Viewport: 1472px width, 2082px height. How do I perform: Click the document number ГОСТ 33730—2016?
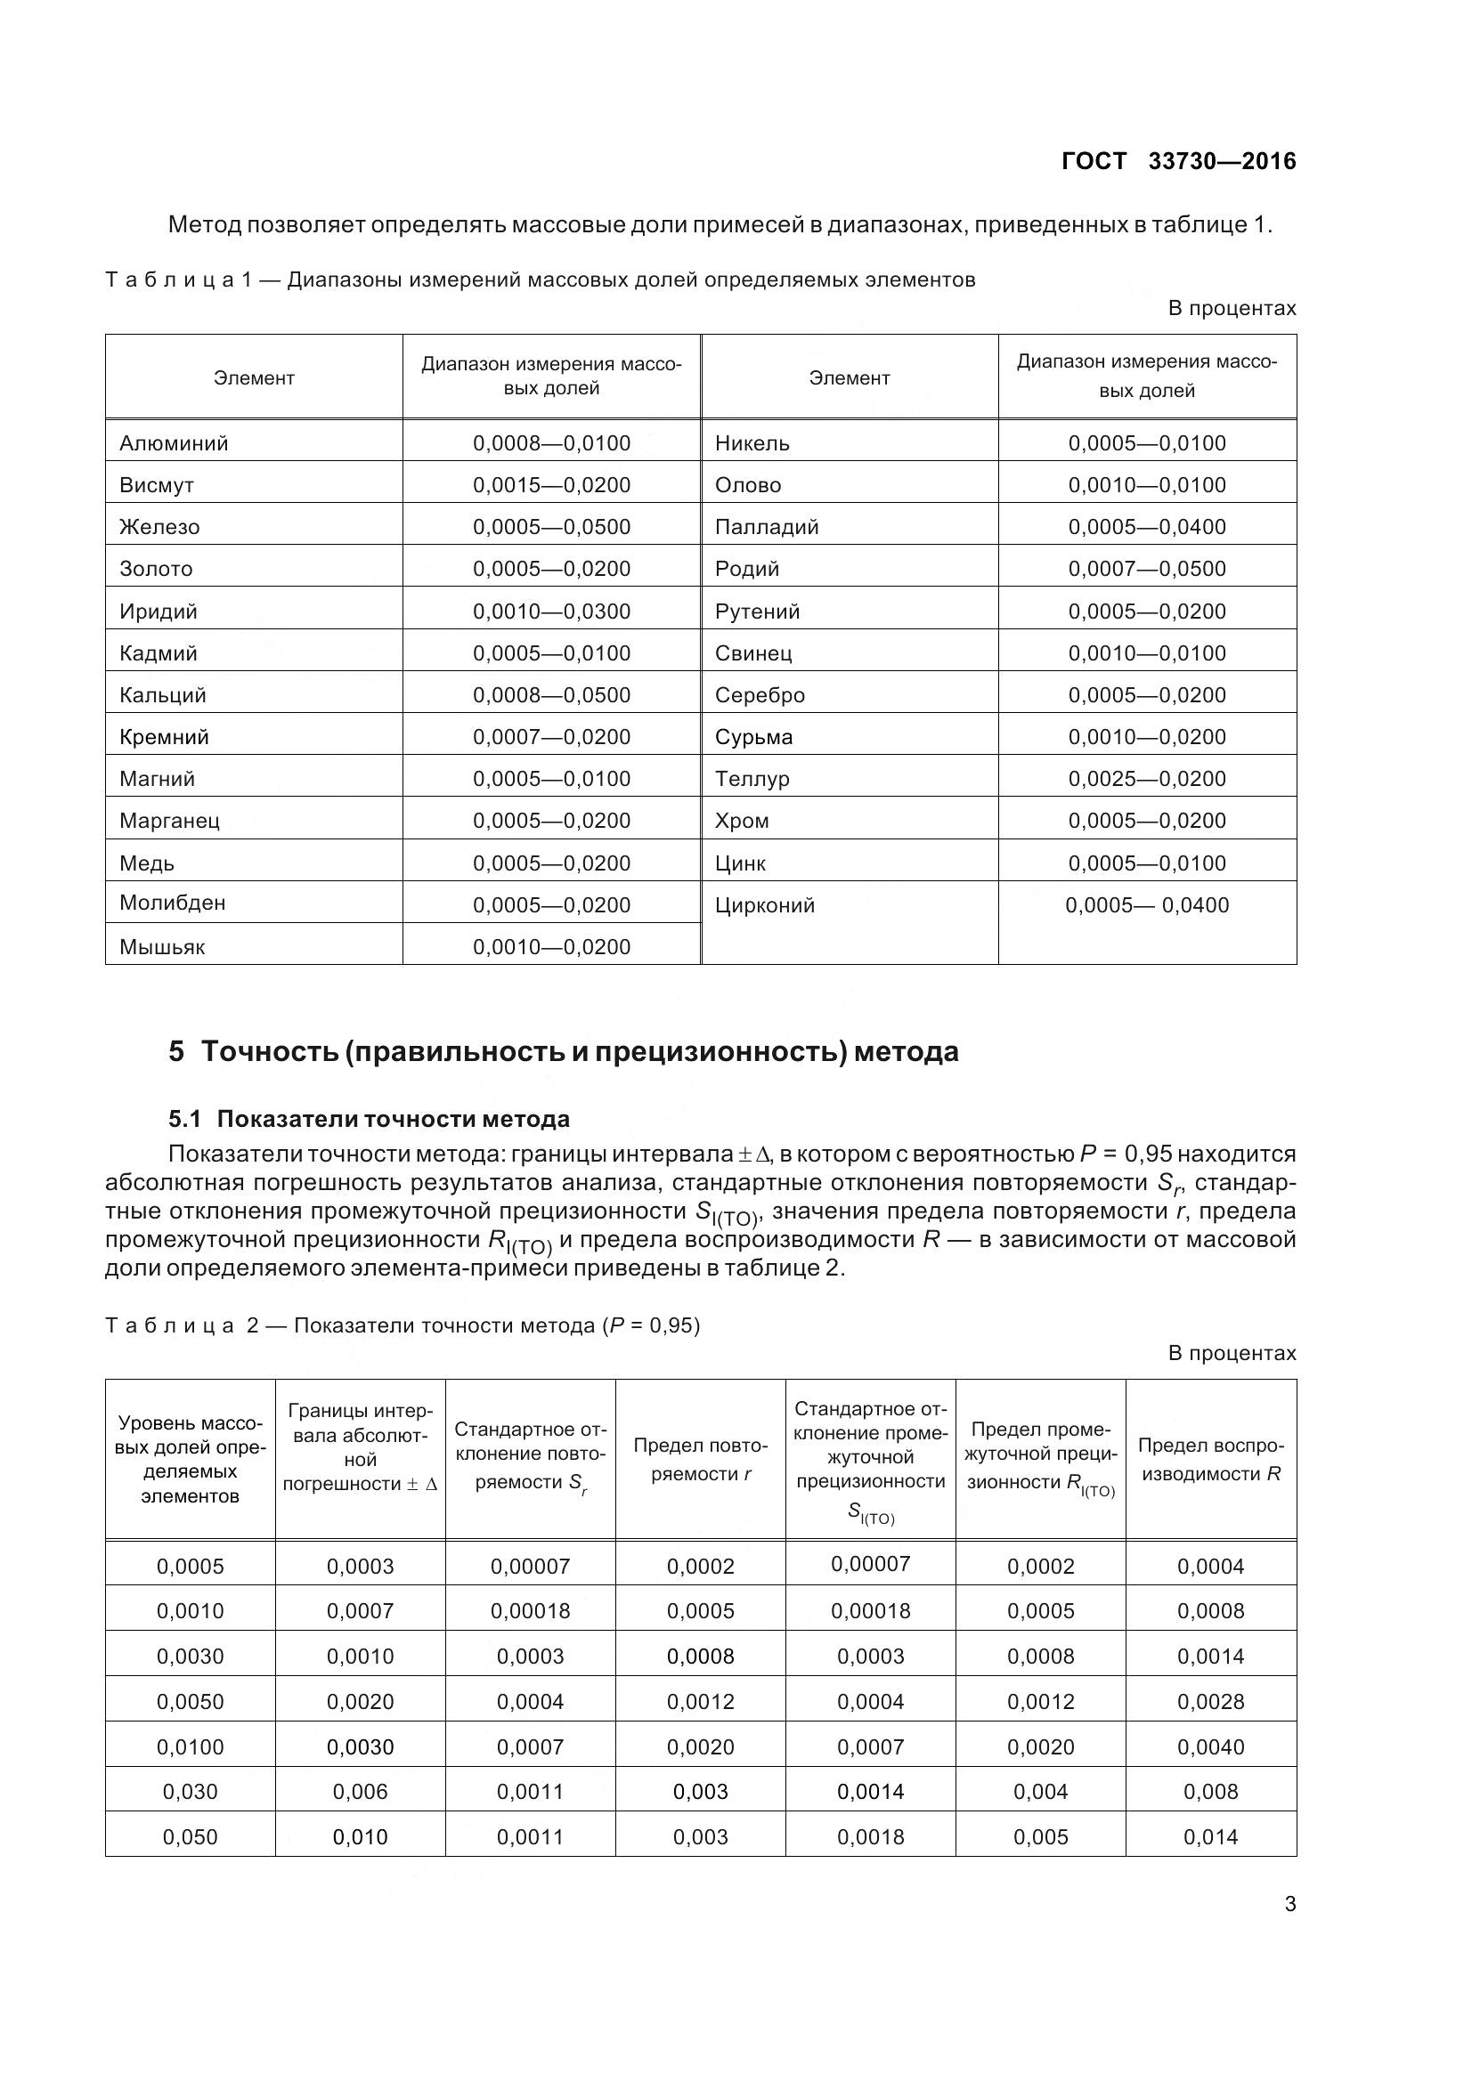[1178, 161]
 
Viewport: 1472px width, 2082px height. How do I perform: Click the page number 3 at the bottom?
[1289, 1903]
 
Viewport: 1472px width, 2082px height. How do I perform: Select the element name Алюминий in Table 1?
[175, 443]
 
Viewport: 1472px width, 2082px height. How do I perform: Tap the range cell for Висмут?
[551, 485]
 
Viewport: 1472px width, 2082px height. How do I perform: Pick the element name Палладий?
[767, 527]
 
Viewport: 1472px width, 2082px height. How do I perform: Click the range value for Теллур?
[1146, 779]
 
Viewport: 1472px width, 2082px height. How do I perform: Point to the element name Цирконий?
[765, 905]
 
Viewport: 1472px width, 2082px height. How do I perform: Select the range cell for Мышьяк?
[551, 947]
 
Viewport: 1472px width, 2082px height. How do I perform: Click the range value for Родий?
[1146, 569]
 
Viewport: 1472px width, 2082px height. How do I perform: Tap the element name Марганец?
[169, 821]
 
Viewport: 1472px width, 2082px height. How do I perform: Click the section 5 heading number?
[176, 1052]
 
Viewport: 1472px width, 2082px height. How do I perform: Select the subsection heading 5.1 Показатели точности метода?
[370, 1119]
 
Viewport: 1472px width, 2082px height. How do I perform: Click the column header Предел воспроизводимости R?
[1210, 1459]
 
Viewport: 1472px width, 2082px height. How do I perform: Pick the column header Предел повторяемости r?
[700, 1459]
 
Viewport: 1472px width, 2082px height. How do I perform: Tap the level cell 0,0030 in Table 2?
[190, 1656]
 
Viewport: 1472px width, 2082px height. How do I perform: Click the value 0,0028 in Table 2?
[1210, 1701]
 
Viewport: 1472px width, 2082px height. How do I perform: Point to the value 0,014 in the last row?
[1210, 1836]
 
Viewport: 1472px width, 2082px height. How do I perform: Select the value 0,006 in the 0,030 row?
[360, 1791]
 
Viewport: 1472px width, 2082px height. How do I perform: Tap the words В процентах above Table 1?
[1232, 308]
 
